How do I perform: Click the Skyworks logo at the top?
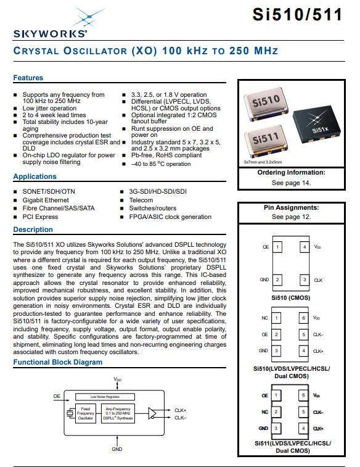coord(51,23)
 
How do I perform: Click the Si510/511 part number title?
coord(297,14)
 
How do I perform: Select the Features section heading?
coord(28,78)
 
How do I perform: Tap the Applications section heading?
coord(35,176)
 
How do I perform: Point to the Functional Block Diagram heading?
coord(58,362)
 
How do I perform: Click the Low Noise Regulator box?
coord(105,397)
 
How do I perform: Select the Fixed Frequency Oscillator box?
coord(86,413)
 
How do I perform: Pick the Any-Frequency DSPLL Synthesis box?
coord(118,413)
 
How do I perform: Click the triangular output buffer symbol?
coord(152,413)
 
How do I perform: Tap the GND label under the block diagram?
coord(117,449)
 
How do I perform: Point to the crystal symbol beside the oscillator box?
coord(70,413)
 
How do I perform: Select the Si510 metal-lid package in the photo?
coord(266,104)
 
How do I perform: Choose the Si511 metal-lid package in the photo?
coord(266,141)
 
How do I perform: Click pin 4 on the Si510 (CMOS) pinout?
coord(305,247)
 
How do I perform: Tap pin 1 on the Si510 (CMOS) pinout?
coord(277,247)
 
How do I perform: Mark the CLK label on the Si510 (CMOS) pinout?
coord(318,280)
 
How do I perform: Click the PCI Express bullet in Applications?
coord(40,217)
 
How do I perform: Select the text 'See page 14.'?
coord(292,183)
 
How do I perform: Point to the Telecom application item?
coord(141,200)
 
